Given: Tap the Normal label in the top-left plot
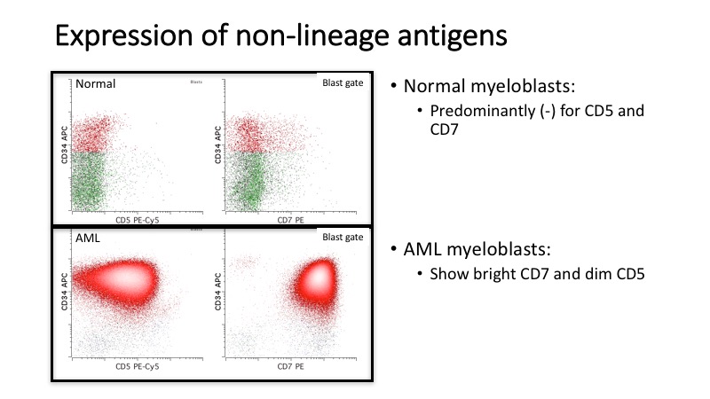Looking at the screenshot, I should pyautogui.click(x=97, y=84).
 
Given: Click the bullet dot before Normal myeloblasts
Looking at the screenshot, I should pyautogui.click(x=394, y=89).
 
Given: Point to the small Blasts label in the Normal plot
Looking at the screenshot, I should pyautogui.click(x=196, y=82).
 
